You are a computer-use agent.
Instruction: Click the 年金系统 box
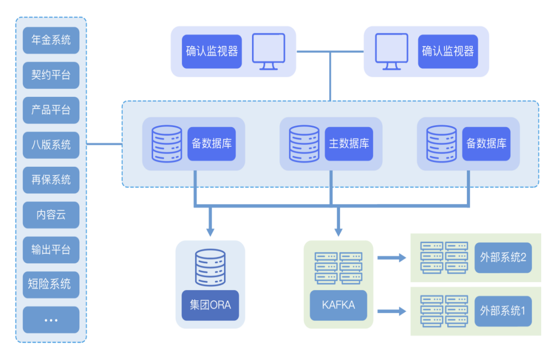[51, 40]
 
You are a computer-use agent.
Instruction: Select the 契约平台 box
[51, 75]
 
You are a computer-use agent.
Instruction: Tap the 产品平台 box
[51, 110]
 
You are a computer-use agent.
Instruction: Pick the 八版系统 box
[51, 145]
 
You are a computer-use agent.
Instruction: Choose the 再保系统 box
[51, 180]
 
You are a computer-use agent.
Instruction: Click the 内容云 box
[51, 215]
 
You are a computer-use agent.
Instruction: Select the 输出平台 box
[51, 249]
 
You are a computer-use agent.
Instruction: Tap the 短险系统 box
[51, 284]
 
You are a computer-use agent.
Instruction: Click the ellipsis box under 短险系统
[51, 319]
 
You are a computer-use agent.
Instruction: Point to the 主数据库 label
[348, 144]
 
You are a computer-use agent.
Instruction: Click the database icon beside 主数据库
[304, 144]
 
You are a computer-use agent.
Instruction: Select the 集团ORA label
[210, 305]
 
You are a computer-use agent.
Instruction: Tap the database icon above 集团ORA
[210, 268]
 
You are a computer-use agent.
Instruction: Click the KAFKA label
[338, 305]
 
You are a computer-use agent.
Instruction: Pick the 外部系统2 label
[503, 257]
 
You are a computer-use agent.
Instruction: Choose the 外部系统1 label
[503, 311]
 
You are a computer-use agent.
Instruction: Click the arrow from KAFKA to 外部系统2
[392, 257]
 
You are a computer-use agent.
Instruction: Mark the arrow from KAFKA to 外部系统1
[392, 311]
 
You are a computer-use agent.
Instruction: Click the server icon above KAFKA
[338, 268]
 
